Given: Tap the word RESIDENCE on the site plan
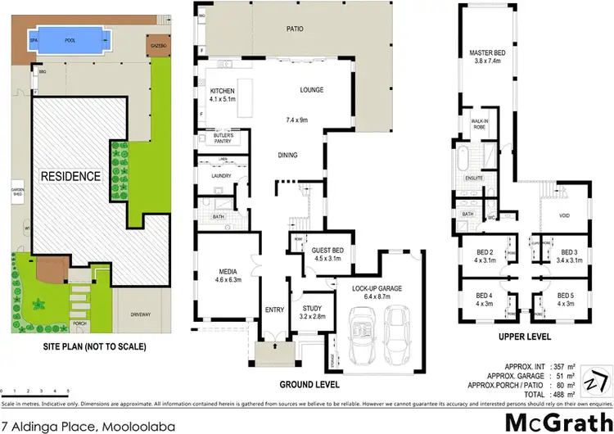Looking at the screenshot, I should pos(72,176).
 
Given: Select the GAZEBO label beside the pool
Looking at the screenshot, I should pos(157,47).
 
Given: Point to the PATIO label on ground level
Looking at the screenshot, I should pos(295,29).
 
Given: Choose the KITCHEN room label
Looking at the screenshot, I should pos(223,91).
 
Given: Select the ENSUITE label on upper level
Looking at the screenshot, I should pos(474,177).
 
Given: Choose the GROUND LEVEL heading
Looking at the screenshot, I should pos(309,384).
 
